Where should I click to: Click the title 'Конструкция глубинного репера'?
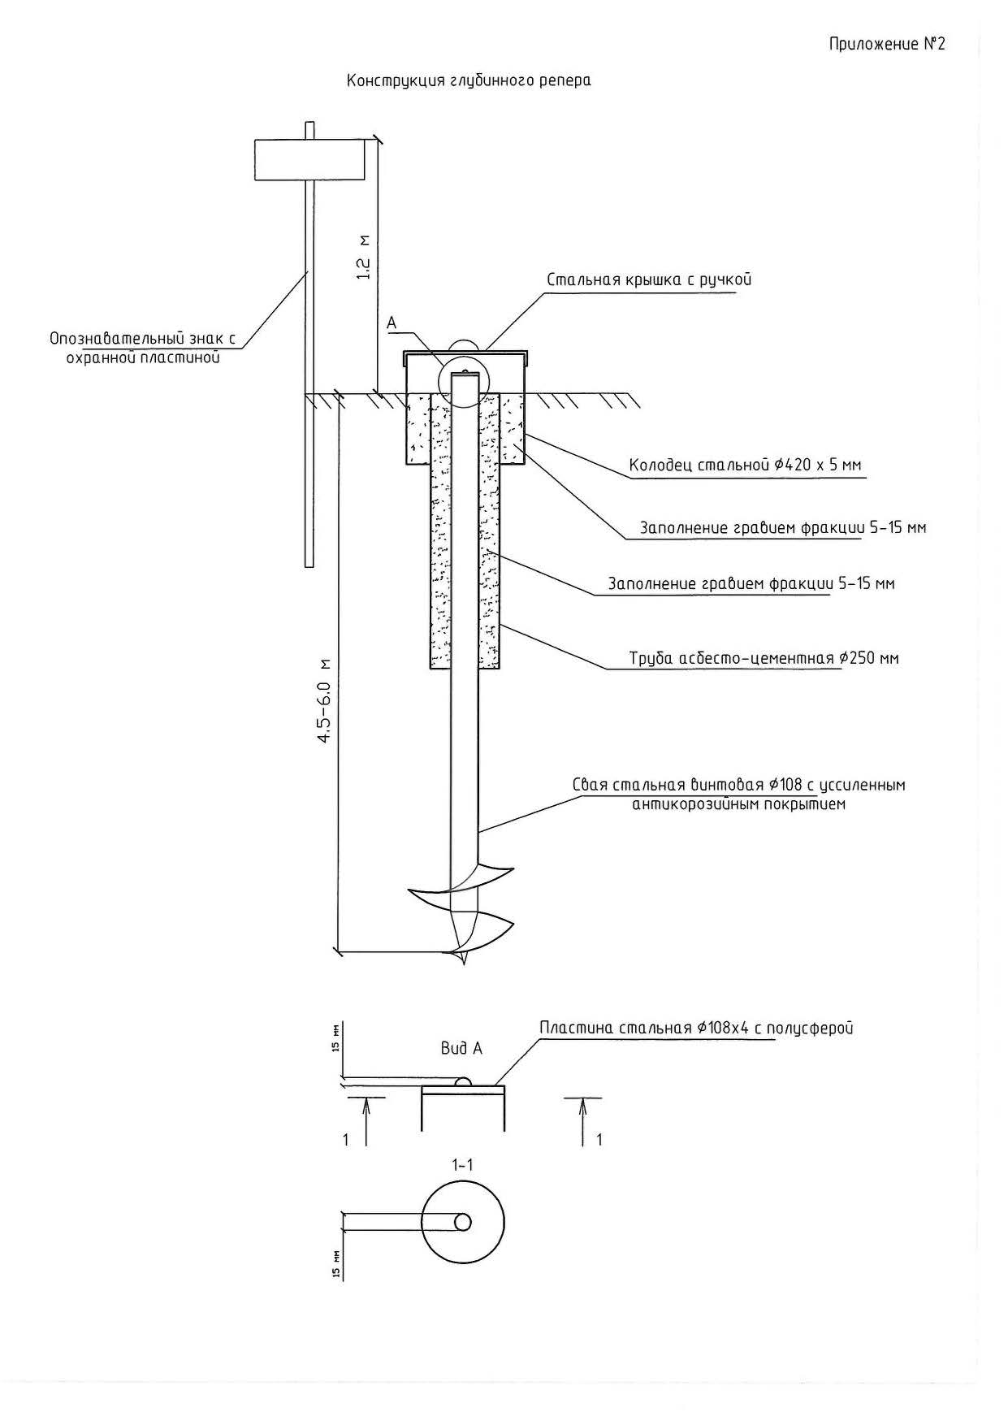[469, 80]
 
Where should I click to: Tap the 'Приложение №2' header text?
[887, 44]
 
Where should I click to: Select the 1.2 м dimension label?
[364, 258]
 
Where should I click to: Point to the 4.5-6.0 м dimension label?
[325, 700]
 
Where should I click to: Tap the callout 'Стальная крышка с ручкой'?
[649, 279]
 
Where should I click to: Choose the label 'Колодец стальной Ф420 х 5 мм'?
[745, 466]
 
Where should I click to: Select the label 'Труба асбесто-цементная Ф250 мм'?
[764, 657]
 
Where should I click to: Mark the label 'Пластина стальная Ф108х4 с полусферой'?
[696, 1028]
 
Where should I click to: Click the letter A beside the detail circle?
[392, 323]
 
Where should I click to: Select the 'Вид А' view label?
[461, 1048]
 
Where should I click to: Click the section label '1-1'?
[462, 1165]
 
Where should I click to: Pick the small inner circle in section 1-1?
[463, 1222]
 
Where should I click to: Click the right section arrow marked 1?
[584, 1121]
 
